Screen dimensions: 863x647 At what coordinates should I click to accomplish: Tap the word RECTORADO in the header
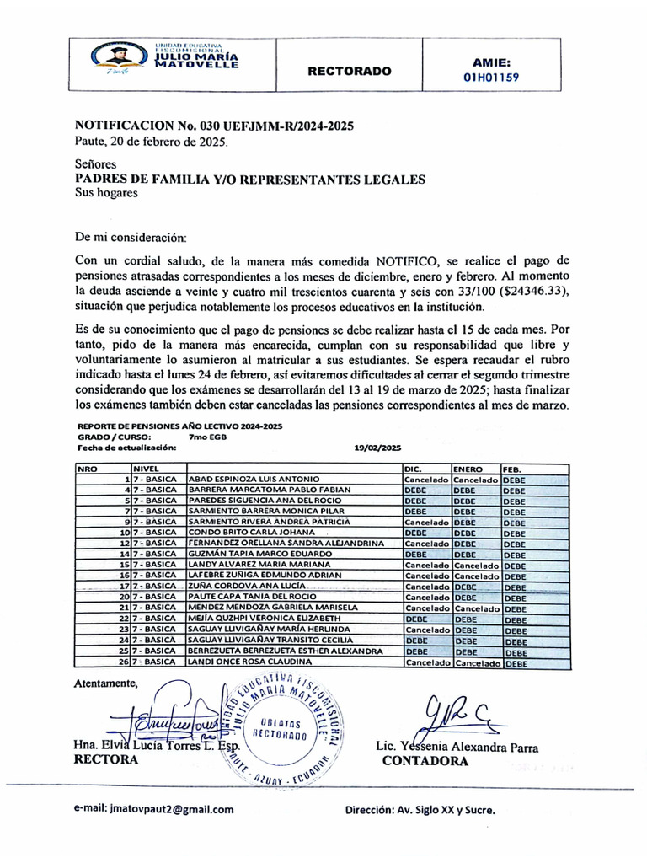tap(349, 72)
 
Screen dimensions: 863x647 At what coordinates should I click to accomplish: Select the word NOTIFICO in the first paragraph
tap(416, 260)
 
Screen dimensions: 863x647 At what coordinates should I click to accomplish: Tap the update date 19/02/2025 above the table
tap(378, 448)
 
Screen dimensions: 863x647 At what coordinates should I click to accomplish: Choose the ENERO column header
tap(469, 468)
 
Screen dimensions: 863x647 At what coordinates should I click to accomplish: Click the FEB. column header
tap(512, 468)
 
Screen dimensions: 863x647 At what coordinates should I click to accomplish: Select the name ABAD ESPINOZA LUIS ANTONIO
tap(254, 479)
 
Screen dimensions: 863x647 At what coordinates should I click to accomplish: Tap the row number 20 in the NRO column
tap(123, 596)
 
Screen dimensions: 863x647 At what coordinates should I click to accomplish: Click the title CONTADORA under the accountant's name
tap(425, 761)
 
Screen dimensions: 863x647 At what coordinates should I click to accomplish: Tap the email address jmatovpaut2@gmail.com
tap(154, 809)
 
